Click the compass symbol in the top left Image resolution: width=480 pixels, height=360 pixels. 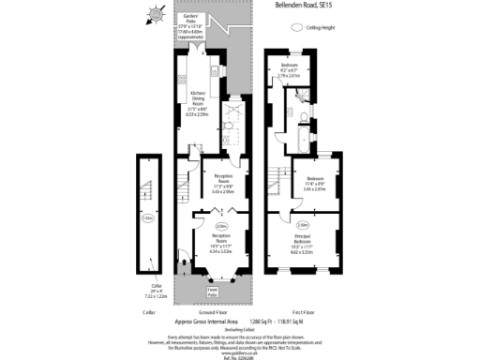(x=154, y=13)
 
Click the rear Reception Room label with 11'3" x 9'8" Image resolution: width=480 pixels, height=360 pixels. (x=222, y=183)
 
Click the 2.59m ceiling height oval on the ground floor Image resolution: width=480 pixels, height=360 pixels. (x=221, y=226)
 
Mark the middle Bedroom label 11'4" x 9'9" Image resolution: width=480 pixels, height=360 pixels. (x=314, y=183)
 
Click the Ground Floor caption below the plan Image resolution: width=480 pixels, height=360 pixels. (x=213, y=310)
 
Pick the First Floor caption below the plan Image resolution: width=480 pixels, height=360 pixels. (x=302, y=310)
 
